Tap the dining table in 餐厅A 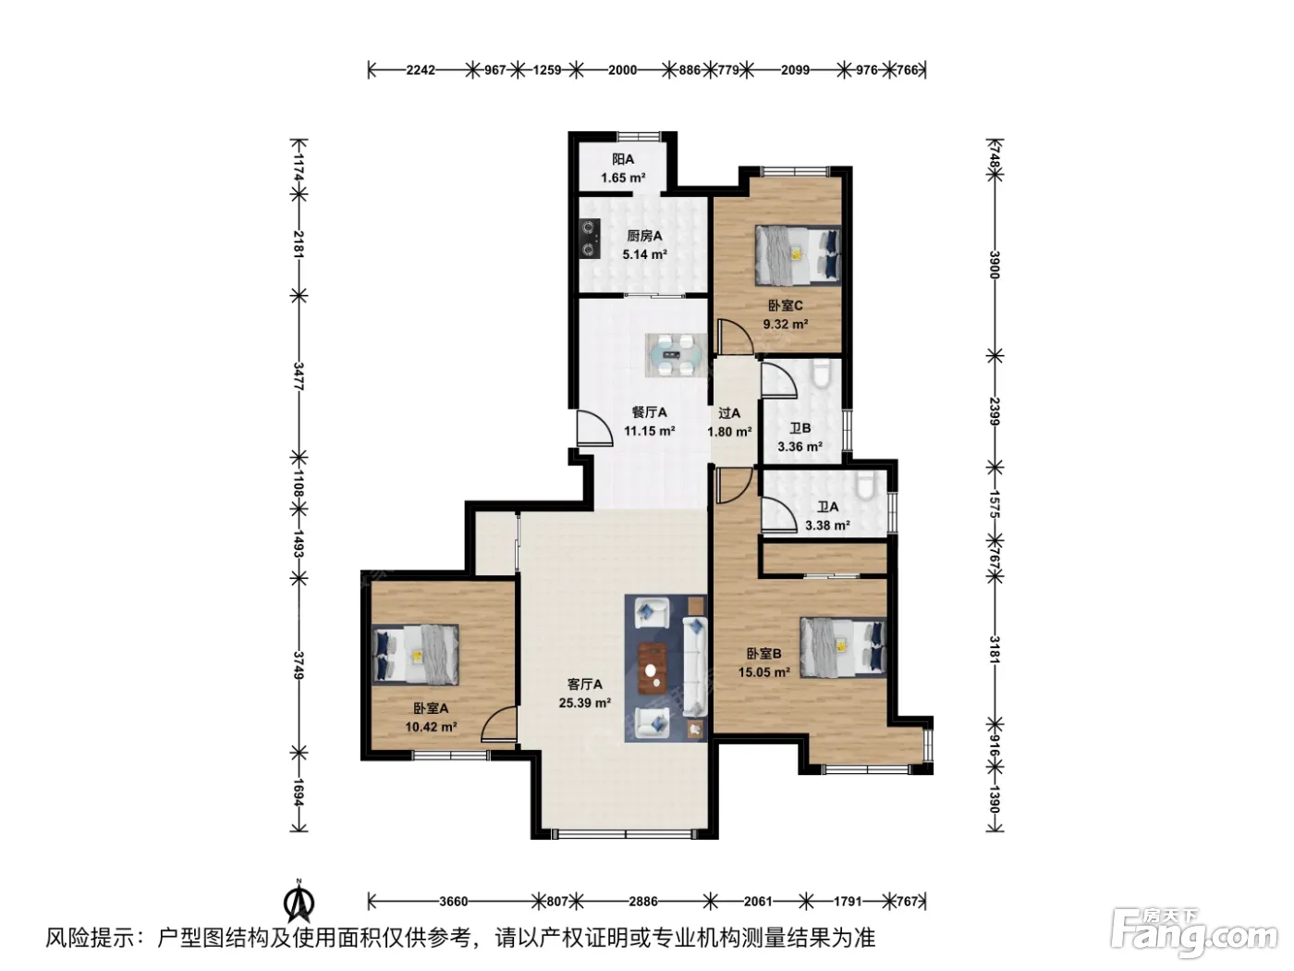pyautogui.click(x=675, y=355)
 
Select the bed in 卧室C pyautogui.click(x=798, y=255)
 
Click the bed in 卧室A pyautogui.click(x=416, y=655)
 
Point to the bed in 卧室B pyautogui.click(x=842, y=647)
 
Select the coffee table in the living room pyautogui.click(x=653, y=667)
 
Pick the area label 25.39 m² pyautogui.click(x=585, y=703)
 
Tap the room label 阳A pyautogui.click(x=623, y=159)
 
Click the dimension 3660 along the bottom pyautogui.click(x=453, y=902)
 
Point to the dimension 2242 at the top pyautogui.click(x=421, y=70)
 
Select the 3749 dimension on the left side pyautogui.click(x=299, y=665)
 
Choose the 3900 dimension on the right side pyautogui.click(x=995, y=264)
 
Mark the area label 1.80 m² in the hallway pyautogui.click(x=729, y=432)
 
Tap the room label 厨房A pyautogui.click(x=644, y=236)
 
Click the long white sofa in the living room pyautogui.click(x=695, y=666)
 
